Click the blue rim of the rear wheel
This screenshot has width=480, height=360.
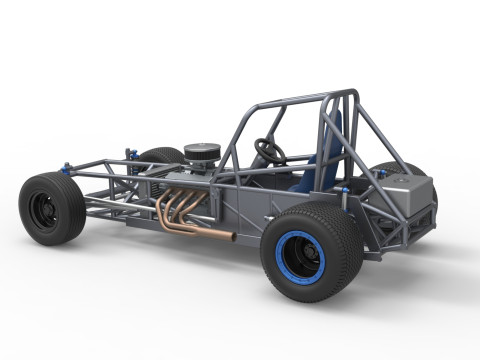(x=284, y=255)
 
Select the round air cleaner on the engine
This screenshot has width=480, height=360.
(x=202, y=153)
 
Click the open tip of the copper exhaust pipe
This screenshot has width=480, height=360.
(x=231, y=237)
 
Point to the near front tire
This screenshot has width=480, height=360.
(x=50, y=208)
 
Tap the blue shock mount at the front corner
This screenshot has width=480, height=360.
(x=67, y=167)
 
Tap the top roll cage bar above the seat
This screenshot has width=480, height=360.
(x=290, y=99)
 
